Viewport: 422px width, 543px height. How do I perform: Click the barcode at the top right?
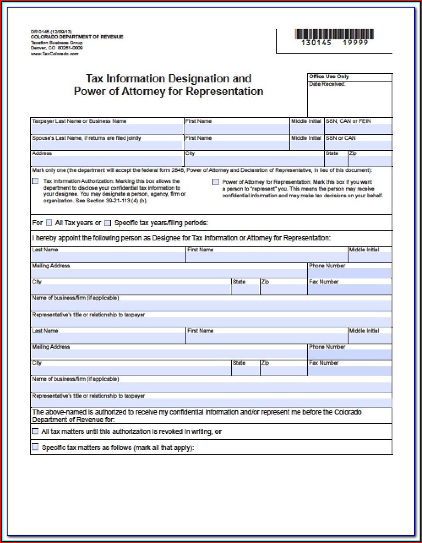[x=334, y=34]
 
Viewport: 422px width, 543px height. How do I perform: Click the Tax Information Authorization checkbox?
[x=35, y=181]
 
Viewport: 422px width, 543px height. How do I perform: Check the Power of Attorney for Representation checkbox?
[x=216, y=182]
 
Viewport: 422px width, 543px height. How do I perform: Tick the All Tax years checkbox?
[x=49, y=223]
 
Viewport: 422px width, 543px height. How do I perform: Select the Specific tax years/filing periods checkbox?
[x=108, y=223]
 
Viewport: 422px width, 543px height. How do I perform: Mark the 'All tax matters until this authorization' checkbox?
[x=35, y=431]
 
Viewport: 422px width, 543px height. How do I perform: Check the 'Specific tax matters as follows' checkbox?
[x=35, y=447]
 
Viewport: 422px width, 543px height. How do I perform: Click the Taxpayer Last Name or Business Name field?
[x=106, y=129]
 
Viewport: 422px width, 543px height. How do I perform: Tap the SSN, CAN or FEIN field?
[x=358, y=129]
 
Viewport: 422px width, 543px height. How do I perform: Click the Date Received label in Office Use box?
[x=327, y=84]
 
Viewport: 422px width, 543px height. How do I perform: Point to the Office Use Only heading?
[x=329, y=76]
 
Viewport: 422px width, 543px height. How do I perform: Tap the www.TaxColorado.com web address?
[x=54, y=54]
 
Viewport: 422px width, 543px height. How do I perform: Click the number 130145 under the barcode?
[x=316, y=43]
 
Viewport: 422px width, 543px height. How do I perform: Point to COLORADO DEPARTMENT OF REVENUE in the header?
[x=77, y=37]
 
